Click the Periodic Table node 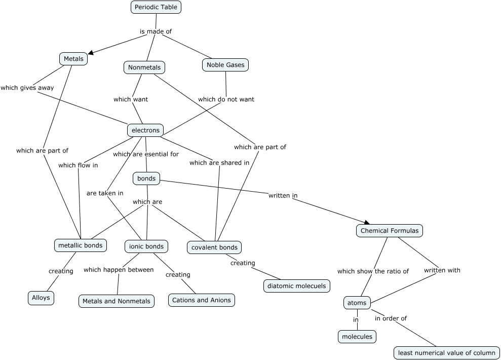coord(156,7)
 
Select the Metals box coord(73,59)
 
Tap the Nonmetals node coord(144,67)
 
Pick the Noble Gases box coord(225,65)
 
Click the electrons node coord(145,130)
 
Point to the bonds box coord(146,178)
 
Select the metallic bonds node coord(80,245)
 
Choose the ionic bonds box coord(146,246)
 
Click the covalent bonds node coord(214,247)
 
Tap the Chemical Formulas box coord(390,231)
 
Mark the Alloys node coord(41,298)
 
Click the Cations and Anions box coord(202,300)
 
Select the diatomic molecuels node coord(297,286)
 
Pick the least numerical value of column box coord(447,353)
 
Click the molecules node coord(357,337)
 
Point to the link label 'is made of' coord(156,31)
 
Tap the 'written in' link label coord(283,195)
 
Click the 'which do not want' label coord(226,99)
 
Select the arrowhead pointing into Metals coord(92,52)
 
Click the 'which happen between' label coord(119,270)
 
